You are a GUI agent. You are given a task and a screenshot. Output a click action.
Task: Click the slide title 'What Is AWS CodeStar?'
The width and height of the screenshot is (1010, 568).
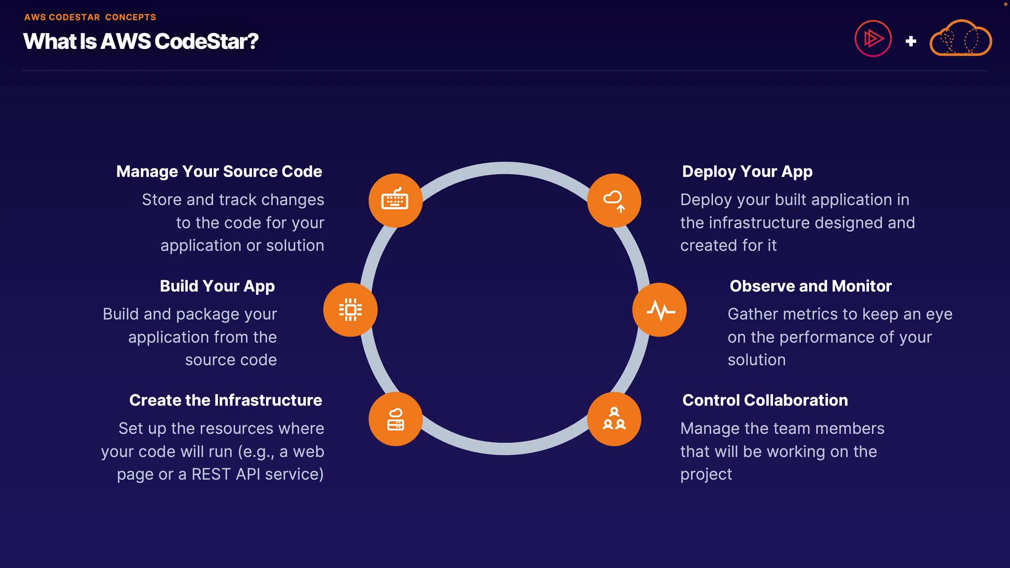coord(140,42)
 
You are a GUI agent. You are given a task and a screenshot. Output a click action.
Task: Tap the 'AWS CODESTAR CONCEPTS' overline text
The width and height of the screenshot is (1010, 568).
coord(90,17)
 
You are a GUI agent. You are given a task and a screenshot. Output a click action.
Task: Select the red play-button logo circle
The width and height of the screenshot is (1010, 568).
coord(873,38)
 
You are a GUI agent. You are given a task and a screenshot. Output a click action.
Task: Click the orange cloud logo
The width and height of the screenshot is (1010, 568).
coord(961,39)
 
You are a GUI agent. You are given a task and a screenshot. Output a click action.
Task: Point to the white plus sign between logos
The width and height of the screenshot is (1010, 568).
coord(911,41)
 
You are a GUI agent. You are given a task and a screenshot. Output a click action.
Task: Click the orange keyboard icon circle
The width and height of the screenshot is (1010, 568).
coord(395,200)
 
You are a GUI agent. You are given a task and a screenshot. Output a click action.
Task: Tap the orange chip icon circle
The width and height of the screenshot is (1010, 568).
coord(350,310)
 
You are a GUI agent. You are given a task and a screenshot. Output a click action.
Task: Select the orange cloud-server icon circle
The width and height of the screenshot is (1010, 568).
coord(395,419)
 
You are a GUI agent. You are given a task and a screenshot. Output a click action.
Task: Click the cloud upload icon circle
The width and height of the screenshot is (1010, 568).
coord(614,200)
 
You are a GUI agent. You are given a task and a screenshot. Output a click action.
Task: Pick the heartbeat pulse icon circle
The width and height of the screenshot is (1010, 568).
coord(659,310)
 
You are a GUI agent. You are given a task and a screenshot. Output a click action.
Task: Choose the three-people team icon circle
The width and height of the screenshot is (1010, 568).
coord(614,419)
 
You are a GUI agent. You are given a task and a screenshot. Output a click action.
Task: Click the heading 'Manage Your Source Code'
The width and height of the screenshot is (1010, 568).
coord(219,171)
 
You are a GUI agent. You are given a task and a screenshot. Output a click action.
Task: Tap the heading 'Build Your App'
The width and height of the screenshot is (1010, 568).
coord(217,286)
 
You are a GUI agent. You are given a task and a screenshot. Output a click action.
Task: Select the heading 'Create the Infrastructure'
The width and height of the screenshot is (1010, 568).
coord(225,400)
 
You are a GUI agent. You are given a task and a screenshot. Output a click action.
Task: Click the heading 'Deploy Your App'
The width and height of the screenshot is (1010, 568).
coord(747,171)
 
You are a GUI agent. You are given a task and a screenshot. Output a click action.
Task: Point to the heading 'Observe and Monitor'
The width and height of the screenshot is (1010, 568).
coord(810,286)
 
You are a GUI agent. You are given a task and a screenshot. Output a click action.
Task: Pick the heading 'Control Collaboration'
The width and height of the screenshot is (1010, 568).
coord(765,400)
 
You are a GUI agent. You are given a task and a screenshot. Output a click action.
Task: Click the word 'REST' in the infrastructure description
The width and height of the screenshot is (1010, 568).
coord(210,474)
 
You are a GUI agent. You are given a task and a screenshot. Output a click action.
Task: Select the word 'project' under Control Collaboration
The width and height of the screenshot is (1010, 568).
coord(706,475)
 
